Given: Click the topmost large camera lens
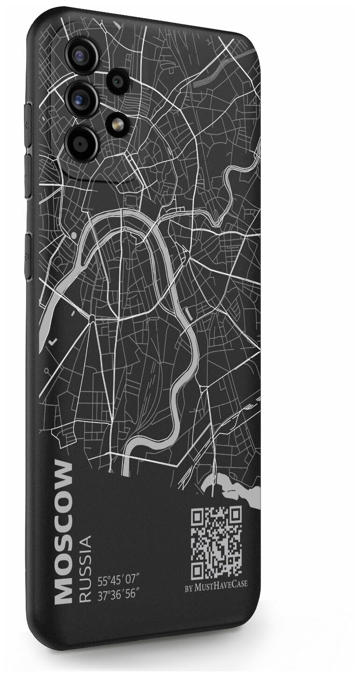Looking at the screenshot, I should [83, 55].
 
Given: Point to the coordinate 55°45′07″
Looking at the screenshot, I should [119, 581].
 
